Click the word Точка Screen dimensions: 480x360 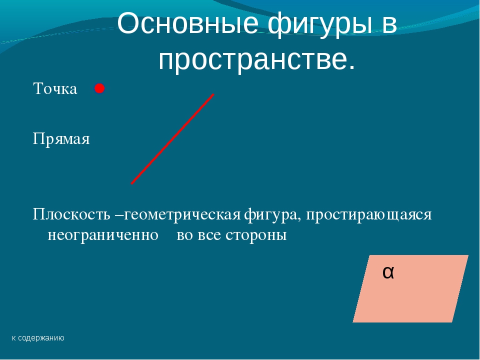[x=55, y=88]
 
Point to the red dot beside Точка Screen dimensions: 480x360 [x=99, y=88]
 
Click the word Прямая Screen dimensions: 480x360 [x=61, y=139]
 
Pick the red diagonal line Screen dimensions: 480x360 [x=172, y=139]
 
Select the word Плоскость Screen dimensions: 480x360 [x=71, y=214]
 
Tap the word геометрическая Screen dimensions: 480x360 [x=182, y=215]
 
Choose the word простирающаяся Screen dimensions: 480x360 [x=369, y=215]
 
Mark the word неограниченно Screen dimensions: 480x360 [x=103, y=235]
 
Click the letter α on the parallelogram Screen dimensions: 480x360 [x=388, y=272]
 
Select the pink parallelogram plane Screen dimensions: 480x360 [x=410, y=288]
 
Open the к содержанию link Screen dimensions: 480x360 [x=38, y=338]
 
